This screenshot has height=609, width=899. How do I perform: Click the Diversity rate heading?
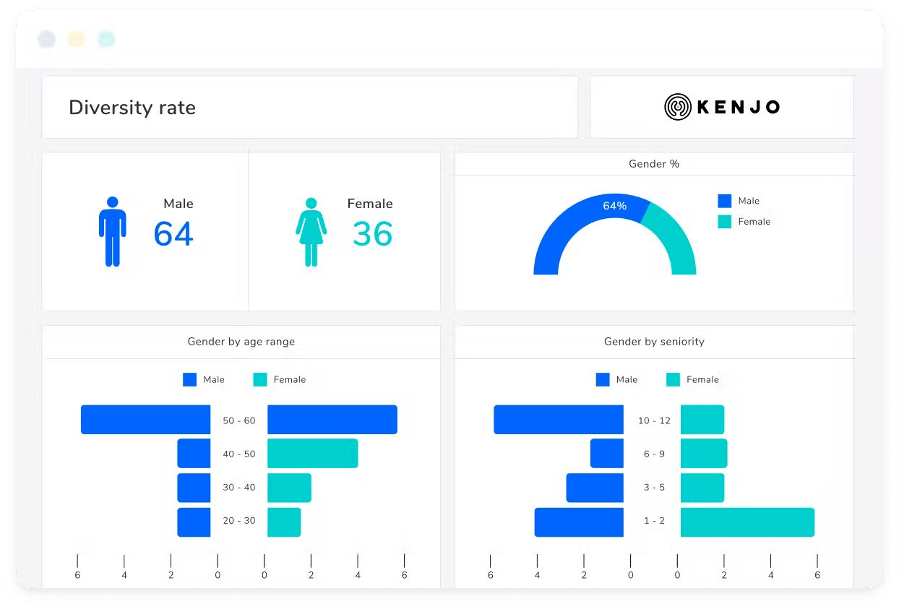132,108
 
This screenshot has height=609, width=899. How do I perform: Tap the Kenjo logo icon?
678,107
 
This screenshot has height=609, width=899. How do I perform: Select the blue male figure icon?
112,231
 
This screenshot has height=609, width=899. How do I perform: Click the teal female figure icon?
311,232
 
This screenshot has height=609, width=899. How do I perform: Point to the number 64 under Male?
173,234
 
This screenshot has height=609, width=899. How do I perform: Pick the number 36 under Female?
372,234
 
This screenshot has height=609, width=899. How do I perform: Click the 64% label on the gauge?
614,206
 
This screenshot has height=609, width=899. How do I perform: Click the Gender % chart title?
654,164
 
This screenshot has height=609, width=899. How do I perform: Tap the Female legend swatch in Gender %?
724,222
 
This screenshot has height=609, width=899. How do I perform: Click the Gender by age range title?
241,342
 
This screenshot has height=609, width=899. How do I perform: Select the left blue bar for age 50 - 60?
145,420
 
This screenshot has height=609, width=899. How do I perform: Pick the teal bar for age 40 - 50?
312,454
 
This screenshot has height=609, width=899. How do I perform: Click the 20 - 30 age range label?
238,521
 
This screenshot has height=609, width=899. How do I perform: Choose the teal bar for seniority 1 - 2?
747,522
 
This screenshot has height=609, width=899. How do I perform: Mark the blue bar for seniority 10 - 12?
559,420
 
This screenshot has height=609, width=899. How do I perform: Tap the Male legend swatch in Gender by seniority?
603,379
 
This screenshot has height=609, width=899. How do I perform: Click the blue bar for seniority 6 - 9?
606,454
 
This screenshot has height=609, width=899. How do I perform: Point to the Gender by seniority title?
654,342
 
